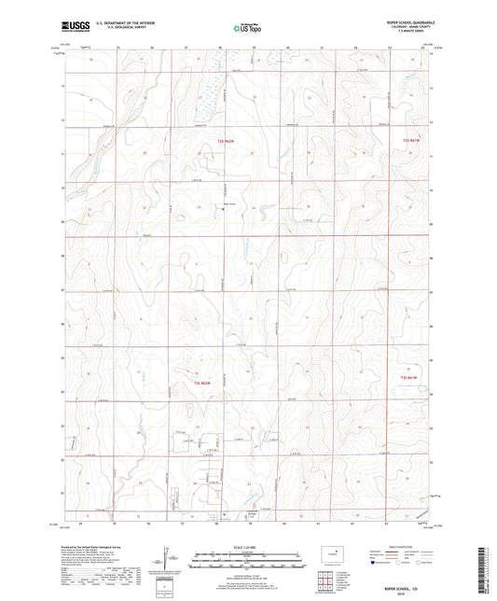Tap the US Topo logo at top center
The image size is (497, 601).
pyautogui.click(x=248, y=29)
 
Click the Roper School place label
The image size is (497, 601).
pyautogui.click(x=228, y=202)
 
